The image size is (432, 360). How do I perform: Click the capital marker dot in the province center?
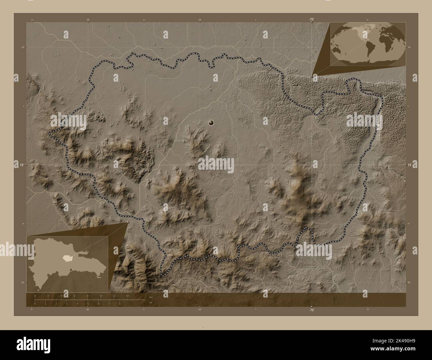point(211,123)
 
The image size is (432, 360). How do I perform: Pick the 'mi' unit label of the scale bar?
point(151,303)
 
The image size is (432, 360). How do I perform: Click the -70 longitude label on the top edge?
point(311,20)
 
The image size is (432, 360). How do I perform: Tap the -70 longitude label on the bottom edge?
point(311,310)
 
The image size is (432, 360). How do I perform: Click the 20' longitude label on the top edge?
point(88,20)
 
